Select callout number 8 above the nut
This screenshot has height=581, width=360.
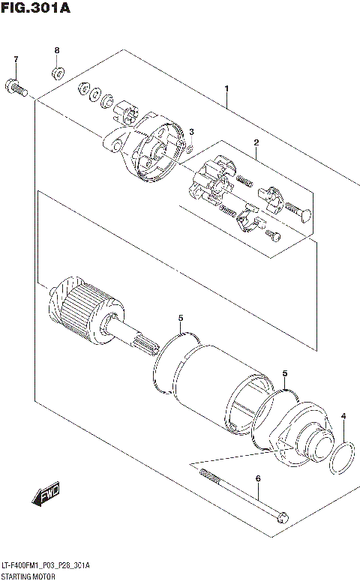(56, 50)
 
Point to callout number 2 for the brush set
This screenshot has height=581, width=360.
(256, 142)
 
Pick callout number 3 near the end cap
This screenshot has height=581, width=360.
(191, 133)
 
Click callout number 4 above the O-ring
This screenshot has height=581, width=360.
(343, 416)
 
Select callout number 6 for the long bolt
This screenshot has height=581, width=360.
(257, 478)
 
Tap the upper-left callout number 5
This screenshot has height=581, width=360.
(181, 318)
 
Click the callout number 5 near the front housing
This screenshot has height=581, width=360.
(284, 373)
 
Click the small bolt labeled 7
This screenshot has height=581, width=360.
(16, 89)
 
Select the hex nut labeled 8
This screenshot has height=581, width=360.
(57, 73)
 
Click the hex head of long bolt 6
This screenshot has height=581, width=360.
(281, 517)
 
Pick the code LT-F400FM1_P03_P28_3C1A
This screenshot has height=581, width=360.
(45, 565)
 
